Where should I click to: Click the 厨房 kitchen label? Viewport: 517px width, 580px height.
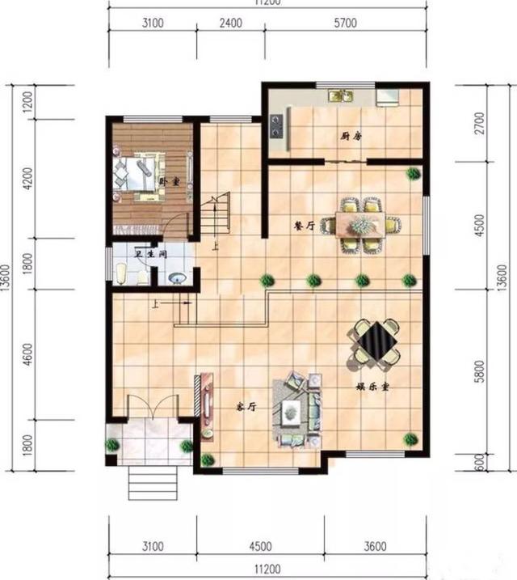click(351, 136)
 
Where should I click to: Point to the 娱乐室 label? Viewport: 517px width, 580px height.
click(373, 387)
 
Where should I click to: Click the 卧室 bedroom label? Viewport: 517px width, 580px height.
click(168, 181)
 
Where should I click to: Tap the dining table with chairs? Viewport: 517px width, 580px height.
click(362, 224)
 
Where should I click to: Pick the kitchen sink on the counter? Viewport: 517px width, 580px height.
click(340, 96)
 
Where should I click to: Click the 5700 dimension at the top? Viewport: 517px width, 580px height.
click(345, 23)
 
